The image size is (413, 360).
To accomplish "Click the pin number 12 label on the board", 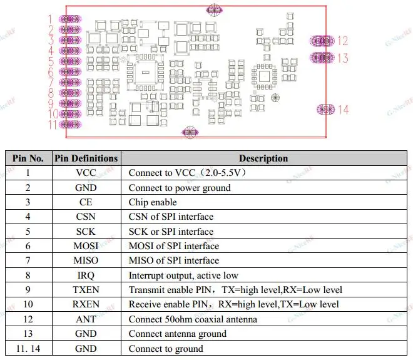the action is click(x=343, y=41).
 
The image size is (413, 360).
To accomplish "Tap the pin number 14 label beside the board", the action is click(x=344, y=110).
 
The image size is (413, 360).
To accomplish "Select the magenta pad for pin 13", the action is click(x=322, y=58).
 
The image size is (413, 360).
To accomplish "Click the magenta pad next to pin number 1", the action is click(x=70, y=19).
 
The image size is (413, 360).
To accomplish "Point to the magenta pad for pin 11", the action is click(x=70, y=125).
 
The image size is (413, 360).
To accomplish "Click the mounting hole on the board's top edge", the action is click(x=214, y=10).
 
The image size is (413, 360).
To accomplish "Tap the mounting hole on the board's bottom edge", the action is click(x=190, y=132).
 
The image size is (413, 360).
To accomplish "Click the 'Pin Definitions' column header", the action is click(x=86, y=158).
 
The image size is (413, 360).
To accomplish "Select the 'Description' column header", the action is click(x=263, y=158).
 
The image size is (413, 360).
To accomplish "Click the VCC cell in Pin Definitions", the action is click(x=86, y=173).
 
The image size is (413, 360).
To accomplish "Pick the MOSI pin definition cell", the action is click(x=86, y=246).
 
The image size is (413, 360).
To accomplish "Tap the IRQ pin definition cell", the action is click(x=86, y=275).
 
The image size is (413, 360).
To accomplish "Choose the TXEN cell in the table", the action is click(x=86, y=290).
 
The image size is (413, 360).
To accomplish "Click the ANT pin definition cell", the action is click(x=86, y=319).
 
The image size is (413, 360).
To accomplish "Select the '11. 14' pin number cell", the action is click(x=28, y=348).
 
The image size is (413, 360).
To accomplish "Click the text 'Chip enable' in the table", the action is click(x=153, y=202).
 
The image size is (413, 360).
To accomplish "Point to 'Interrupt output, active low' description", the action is click(x=183, y=275).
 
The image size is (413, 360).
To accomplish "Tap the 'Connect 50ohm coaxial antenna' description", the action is click(x=193, y=319).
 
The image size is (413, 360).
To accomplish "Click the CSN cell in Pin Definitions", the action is click(x=86, y=217).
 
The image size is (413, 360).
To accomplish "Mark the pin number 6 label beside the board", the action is click(x=51, y=71).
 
